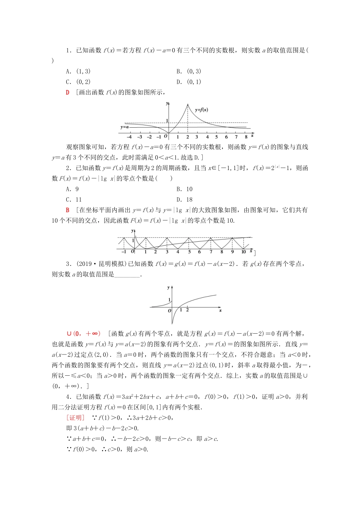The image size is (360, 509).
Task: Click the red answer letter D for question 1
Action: [67, 92]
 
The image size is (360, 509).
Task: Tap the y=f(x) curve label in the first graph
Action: [201, 110]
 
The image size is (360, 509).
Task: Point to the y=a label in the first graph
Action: [125, 127]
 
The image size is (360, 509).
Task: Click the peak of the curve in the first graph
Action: [187, 105]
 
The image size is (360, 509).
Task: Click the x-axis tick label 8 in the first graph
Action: [246, 137]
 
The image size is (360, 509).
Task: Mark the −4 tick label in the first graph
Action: [129, 137]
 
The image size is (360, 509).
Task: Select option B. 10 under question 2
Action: [185, 189]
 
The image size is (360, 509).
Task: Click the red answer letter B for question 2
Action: [67, 210]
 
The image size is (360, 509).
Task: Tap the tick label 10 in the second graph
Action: [243, 251]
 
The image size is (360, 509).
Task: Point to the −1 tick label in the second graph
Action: [124, 251]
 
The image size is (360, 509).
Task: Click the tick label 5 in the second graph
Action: [189, 251]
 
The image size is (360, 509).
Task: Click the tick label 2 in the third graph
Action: [188, 310]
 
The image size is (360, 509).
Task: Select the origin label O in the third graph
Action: [169, 311]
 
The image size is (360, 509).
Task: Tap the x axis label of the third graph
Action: [220, 311]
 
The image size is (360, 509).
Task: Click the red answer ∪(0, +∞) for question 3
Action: [84, 334]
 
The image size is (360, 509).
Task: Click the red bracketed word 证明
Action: [75, 418]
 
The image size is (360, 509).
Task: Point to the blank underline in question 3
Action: [127, 275]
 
